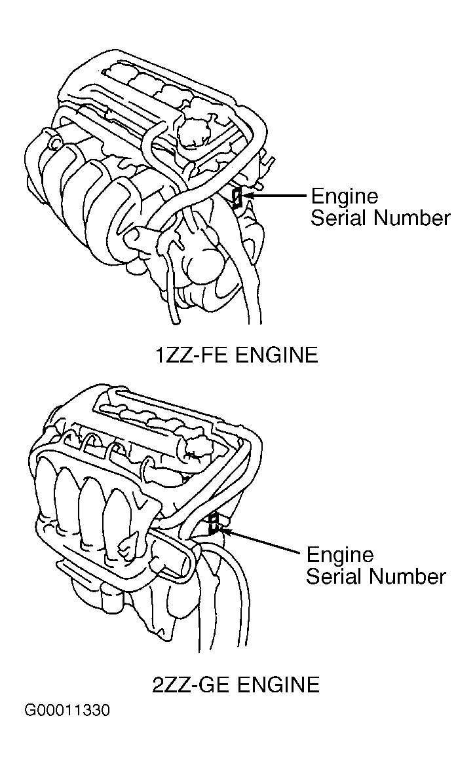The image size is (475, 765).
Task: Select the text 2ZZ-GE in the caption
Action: coord(189,685)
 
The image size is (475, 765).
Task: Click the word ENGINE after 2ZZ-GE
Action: coord(278,685)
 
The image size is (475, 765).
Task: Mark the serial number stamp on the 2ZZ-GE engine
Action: coord(212,523)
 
